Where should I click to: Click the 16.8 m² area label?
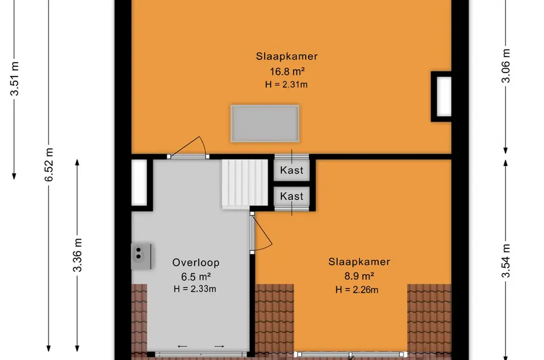287,71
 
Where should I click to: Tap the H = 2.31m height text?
286,84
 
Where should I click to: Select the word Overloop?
196,263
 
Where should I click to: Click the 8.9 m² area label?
359,276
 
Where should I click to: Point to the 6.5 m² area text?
196,276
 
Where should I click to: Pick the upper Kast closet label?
292,170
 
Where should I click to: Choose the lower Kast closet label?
292,196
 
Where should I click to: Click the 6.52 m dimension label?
49,165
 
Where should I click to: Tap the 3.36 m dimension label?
77,255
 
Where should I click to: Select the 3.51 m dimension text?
14,78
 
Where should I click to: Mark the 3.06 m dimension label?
506,66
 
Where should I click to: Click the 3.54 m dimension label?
506,261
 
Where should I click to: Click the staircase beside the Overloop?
245,184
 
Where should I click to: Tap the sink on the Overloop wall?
141,256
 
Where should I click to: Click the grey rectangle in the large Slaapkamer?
265,124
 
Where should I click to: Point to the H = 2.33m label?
195,289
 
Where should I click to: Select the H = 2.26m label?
357,290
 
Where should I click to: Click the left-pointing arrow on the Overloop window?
182,346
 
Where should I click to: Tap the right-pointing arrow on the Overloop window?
219,346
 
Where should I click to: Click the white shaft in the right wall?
444,97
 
